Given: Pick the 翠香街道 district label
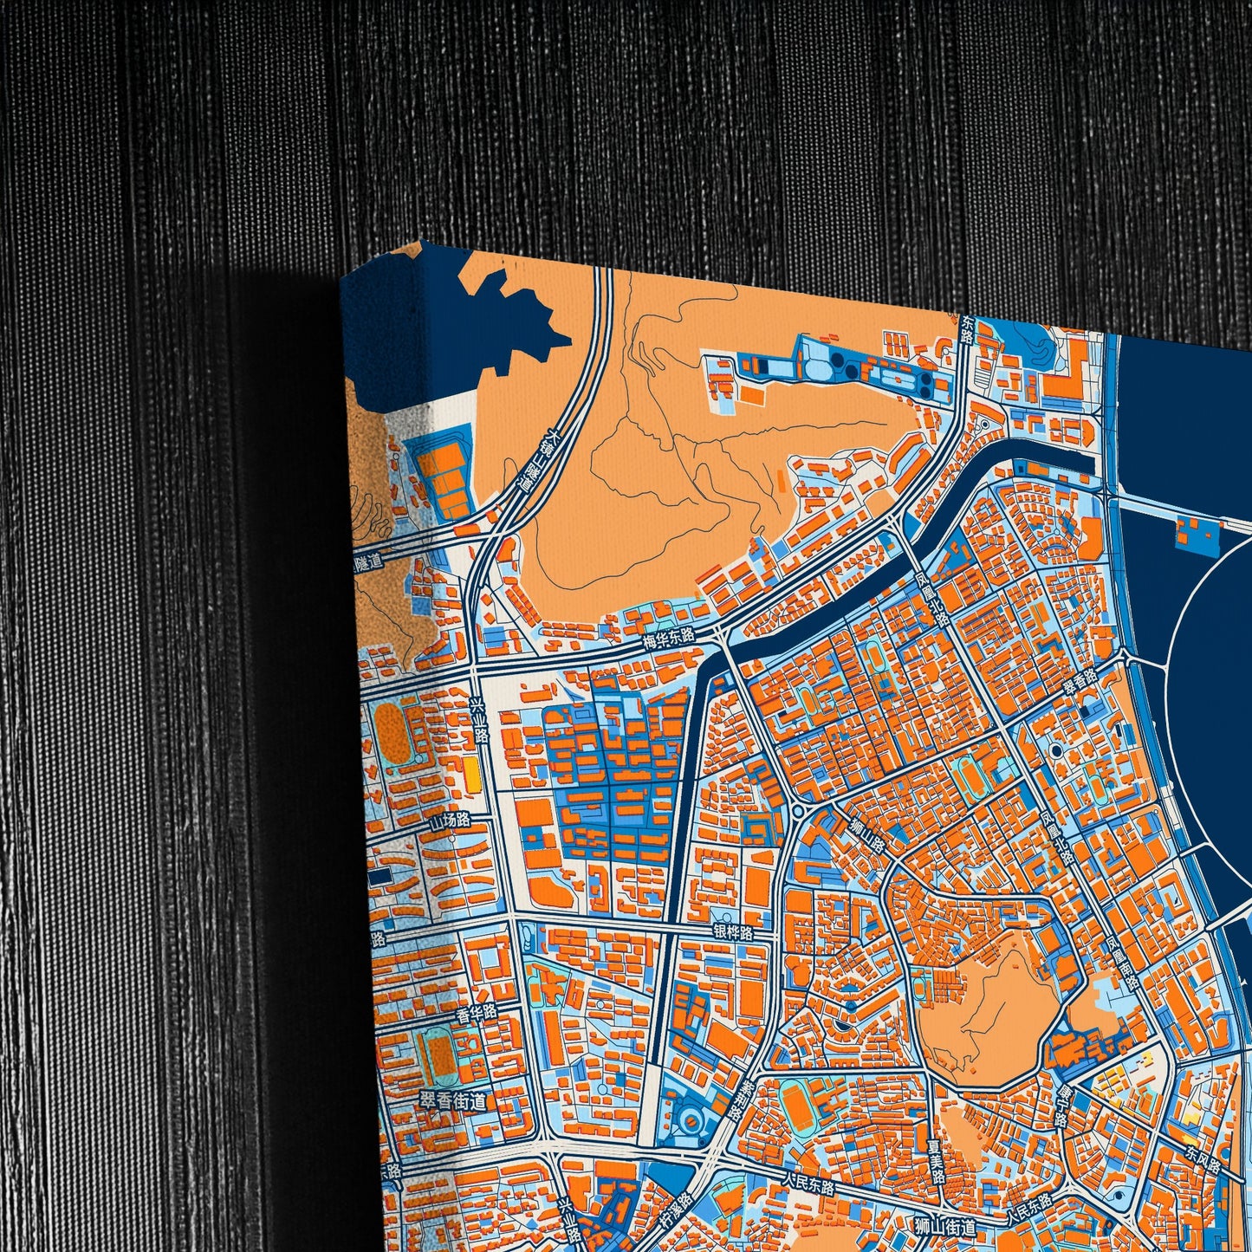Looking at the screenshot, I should [452, 1101].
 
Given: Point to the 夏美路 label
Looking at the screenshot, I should [935, 1161].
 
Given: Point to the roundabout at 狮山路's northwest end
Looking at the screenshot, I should [796, 811].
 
